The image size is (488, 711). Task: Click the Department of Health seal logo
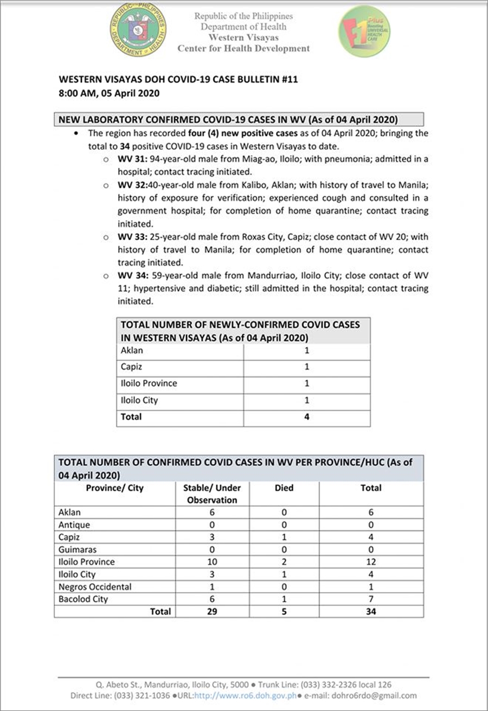[x=138, y=29]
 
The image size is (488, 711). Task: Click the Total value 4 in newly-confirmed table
[x=307, y=417]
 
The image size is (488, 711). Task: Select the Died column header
[x=284, y=488]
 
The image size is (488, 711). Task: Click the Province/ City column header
[x=114, y=488]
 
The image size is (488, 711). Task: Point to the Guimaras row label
[x=77, y=550]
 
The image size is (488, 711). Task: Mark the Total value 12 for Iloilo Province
[x=371, y=562]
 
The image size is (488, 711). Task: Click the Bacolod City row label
[x=83, y=599]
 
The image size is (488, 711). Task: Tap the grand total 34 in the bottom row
[x=371, y=612]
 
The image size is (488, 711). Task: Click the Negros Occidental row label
[x=95, y=587]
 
